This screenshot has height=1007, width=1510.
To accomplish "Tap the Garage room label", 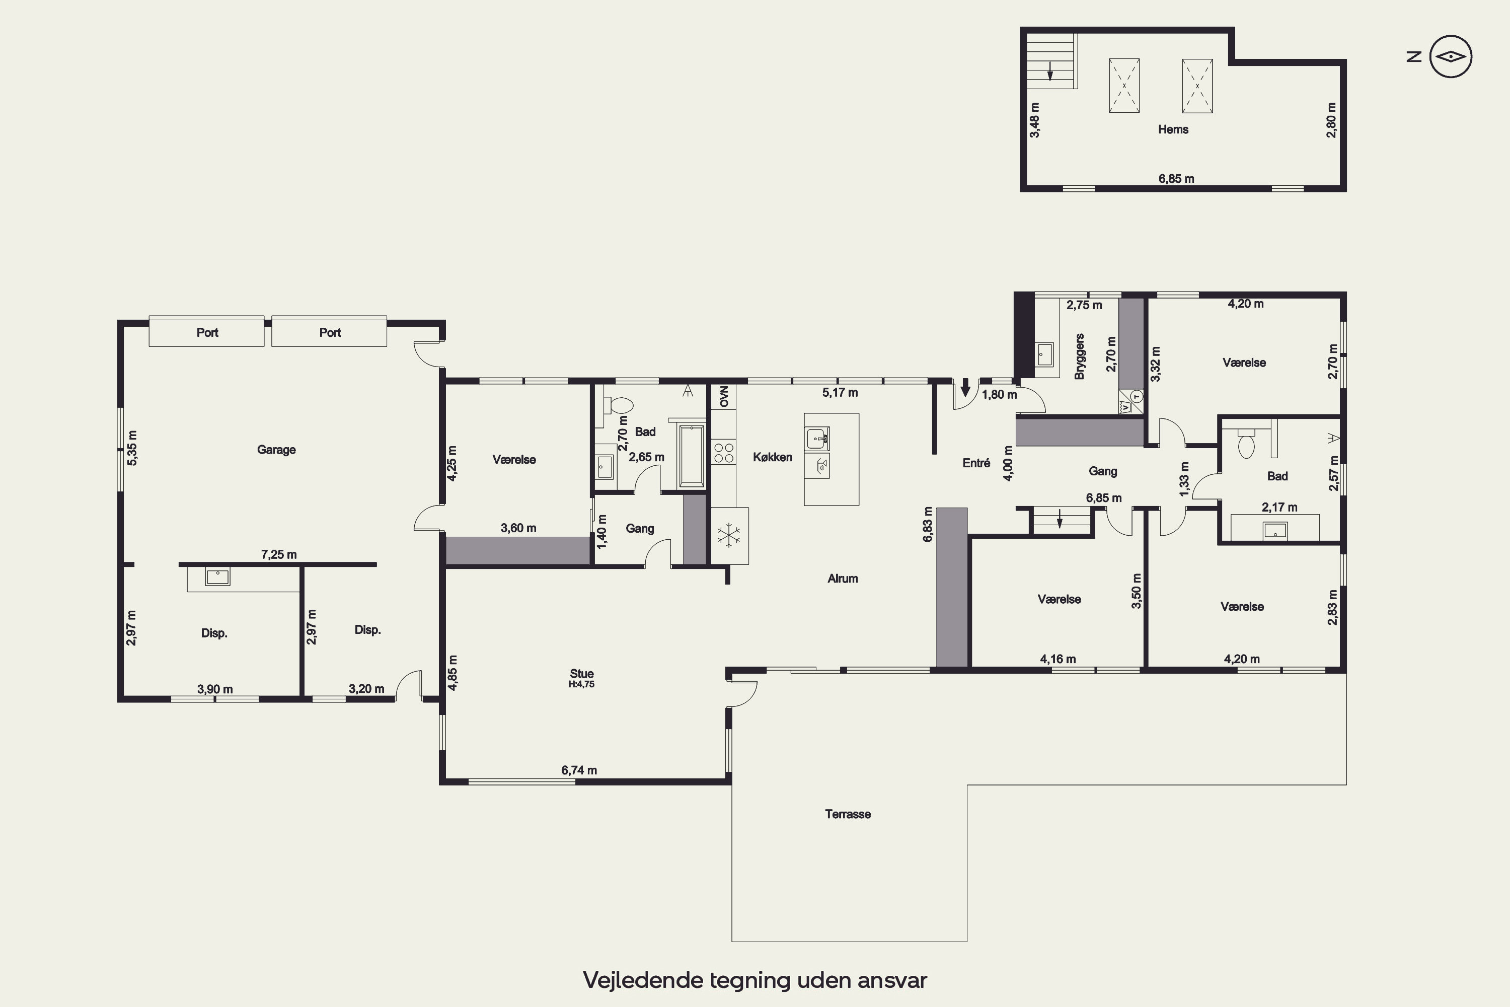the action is coord(276,450).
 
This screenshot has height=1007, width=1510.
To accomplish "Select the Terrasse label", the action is coord(848,814).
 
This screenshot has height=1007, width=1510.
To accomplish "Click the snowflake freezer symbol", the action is coord(729,536).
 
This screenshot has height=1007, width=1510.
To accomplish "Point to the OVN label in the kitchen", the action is coord(724,396).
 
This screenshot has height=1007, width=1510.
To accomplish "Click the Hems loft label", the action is coord(1173,129).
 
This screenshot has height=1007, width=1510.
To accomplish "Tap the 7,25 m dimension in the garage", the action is coord(279,554).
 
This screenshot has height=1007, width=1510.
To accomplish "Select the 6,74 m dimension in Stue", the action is coord(579,770).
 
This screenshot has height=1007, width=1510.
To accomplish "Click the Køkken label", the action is coord(772,457).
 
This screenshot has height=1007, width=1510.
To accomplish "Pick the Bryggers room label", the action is coord(1079,356).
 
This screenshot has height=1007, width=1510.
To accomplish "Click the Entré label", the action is coord(976,463).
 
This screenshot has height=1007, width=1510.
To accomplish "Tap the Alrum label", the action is coord(842,579).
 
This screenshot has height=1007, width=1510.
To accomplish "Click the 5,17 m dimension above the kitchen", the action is coord(840,392).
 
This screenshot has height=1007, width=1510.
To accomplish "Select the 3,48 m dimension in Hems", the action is coord(1035,120).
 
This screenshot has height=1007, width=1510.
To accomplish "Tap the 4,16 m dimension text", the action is coord(1058,659).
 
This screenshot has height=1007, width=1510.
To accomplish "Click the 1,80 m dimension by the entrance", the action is coord(999,394).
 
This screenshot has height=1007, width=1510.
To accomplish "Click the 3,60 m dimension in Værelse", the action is coord(518,528).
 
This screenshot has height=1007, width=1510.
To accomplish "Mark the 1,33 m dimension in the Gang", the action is coord(1184,479).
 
